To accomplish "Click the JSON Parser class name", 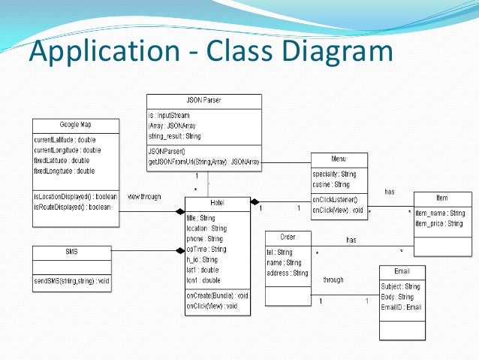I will point(203,100).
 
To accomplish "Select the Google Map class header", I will point(75,124).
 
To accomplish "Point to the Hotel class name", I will point(217,203).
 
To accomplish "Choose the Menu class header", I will point(339,159).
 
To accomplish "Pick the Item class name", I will point(441,198).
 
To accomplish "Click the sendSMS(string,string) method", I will point(72,281).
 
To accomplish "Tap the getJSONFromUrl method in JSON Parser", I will point(203,161).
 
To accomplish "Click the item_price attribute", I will point(440,223).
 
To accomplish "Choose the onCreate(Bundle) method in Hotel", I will point(217,295).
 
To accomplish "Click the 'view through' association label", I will point(145,197).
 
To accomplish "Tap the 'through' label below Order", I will point(333,280).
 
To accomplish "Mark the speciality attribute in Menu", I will point(335,174).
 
